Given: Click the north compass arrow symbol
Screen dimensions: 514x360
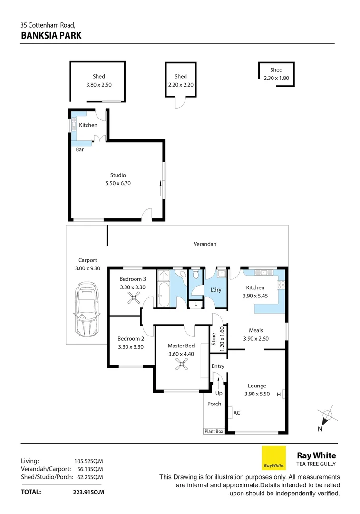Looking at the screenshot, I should [326, 417].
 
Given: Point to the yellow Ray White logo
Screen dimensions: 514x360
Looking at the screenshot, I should [273, 458].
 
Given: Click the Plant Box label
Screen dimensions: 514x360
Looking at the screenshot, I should [214, 431].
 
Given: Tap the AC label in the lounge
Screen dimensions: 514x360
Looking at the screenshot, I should [236, 413].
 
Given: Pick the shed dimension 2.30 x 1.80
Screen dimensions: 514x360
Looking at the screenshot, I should [276, 79].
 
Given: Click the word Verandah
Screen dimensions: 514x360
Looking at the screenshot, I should [205, 244].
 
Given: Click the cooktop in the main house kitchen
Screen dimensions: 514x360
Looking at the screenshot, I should [281, 286].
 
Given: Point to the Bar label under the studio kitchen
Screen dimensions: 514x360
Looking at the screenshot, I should [80, 149].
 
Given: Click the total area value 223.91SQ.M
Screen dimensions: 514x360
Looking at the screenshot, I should [85, 492].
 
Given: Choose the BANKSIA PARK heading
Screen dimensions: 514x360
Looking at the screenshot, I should [51, 35].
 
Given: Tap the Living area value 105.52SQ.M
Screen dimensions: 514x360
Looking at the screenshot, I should [88, 461].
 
